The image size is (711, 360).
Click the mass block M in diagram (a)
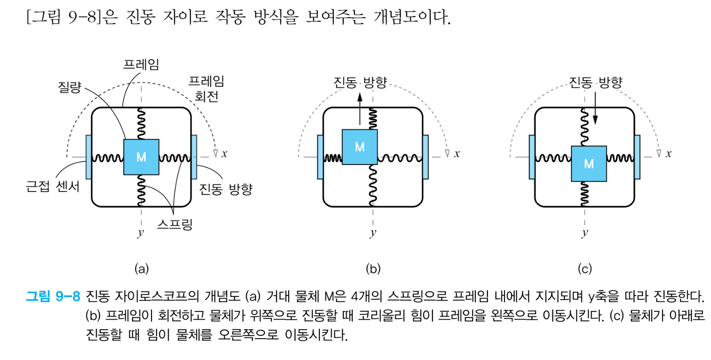coord(141,157)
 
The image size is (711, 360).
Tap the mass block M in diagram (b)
coord(360,147)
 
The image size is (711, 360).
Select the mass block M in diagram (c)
coord(589,164)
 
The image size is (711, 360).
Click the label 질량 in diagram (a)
coord(70,87)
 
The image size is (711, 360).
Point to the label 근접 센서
coord(53,187)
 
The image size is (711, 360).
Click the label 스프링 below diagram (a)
coord(175,224)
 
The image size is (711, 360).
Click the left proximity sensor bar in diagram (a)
coord(89,157)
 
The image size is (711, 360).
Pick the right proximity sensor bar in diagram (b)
coord(425,157)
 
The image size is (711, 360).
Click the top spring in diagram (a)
coord(141,124)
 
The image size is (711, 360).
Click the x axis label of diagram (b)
coord(457,154)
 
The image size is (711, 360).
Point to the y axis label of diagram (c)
coord(585,233)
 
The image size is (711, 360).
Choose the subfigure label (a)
coord(142,268)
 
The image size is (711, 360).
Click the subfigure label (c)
coord(585,268)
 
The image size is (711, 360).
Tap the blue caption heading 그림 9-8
coord(53,296)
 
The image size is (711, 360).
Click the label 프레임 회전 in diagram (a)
coord(206,89)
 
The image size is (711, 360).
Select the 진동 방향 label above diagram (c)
coord(595,83)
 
